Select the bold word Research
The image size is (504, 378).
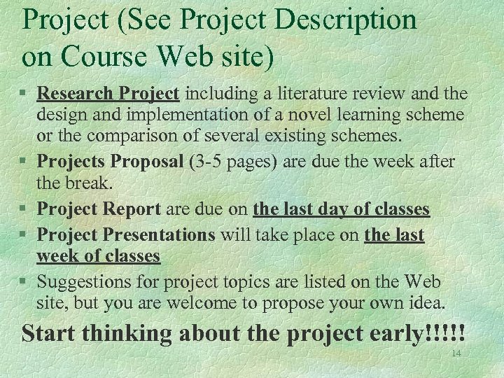coord(76,93)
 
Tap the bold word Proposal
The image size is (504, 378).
coord(144,162)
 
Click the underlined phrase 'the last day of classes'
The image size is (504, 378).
coord(341,209)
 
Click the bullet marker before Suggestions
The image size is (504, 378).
coord(25,282)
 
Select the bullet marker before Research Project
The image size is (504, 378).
coord(25,94)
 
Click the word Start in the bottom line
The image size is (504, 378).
coord(48,333)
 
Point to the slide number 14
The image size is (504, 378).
coord(456,353)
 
